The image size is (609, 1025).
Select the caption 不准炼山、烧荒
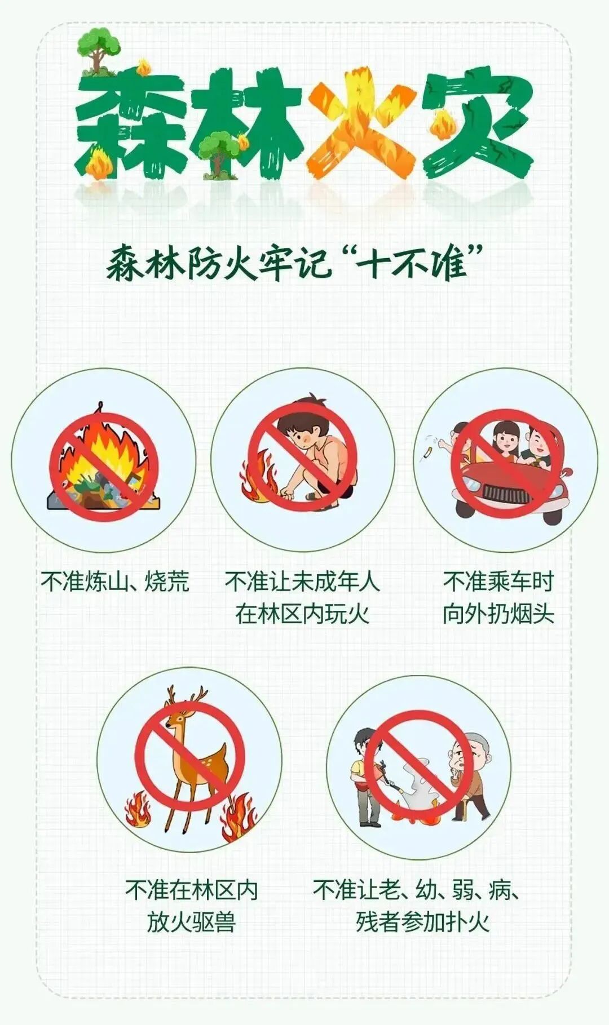pyautogui.click(x=114, y=582)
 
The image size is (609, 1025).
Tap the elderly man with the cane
pyautogui.click(x=470, y=778)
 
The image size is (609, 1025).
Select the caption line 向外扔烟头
pyautogui.click(x=498, y=614)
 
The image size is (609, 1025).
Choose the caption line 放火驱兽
pyautogui.click(x=191, y=922)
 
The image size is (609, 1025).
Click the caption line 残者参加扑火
pyautogui.click(x=422, y=922)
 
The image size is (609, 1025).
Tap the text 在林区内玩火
pyautogui.click(x=302, y=614)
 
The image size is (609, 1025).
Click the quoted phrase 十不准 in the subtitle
pyautogui.click(x=414, y=263)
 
